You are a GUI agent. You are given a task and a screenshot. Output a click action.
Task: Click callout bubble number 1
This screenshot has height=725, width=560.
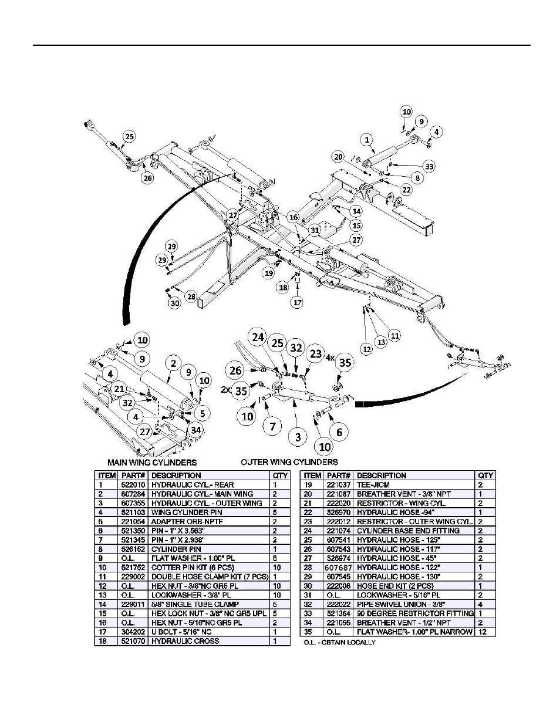pyautogui.click(x=367, y=140)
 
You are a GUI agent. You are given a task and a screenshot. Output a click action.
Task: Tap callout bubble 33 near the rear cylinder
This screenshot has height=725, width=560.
pyautogui.click(x=430, y=166)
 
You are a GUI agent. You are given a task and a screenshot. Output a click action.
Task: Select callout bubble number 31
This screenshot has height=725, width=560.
pyautogui.click(x=315, y=230)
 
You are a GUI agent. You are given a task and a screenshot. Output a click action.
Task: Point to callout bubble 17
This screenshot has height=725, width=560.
pyautogui.click(x=298, y=303)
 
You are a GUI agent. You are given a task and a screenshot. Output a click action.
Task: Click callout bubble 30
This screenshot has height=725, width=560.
pyautogui.click(x=175, y=304)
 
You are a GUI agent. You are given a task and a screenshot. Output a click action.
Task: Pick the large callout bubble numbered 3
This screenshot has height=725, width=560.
pyautogui.click(x=298, y=436)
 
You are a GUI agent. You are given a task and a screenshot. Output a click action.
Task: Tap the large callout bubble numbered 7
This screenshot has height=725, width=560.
pyautogui.click(x=272, y=426)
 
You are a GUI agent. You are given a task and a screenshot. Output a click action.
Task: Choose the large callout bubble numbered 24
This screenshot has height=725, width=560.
pyautogui.click(x=258, y=338)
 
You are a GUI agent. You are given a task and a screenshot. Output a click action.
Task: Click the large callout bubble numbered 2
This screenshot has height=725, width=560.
pyautogui.click(x=173, y=363)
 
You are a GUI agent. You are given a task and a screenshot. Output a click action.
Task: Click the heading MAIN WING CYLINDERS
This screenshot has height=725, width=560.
pyautogui.click(x=151, y=463)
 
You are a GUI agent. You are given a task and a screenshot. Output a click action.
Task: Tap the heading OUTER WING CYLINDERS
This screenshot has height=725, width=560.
pyautogui.click(x=289, y=462)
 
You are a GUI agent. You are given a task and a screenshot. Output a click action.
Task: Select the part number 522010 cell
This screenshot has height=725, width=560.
pyautogui.click(x=132, y=485)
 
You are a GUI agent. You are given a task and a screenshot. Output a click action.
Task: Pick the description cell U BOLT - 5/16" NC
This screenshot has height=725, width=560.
pyautogui.click(x=182, y=632)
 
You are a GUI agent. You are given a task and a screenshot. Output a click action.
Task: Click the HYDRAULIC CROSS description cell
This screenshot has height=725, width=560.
pyautogui.click(x=185, y=641)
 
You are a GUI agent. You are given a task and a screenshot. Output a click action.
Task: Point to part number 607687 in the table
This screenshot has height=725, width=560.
pyautogui.click(x=339, y=568)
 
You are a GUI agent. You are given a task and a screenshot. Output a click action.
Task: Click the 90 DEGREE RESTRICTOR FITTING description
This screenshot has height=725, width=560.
pyautogui.click(x=415, y=613)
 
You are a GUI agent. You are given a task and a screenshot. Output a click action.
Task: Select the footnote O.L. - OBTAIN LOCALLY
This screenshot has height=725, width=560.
pyautogui.click(x=339, y=642)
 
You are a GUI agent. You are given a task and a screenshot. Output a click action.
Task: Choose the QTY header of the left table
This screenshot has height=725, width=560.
pyautogui.click(x=280, y=476)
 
